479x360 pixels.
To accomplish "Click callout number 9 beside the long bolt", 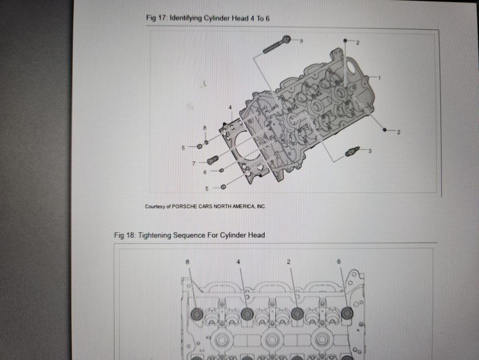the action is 301,41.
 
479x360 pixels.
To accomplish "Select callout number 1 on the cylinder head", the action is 379,78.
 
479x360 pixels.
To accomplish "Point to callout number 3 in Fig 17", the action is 370,151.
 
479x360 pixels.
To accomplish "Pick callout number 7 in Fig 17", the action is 194,164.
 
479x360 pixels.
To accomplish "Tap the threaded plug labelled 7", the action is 212,160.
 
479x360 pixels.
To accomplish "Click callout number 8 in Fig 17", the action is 205,127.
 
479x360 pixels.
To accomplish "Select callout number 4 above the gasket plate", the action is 230,107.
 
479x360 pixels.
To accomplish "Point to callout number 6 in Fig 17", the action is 205,172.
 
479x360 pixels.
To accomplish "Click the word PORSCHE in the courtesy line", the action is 185,207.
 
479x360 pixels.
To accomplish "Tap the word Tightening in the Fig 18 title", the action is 155,235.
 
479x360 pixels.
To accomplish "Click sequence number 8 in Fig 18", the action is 187,262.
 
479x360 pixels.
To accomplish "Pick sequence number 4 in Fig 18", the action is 238,262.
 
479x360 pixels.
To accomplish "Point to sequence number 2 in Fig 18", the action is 288,262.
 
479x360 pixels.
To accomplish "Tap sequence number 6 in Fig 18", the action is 338,261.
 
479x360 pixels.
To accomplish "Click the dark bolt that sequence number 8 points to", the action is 196,314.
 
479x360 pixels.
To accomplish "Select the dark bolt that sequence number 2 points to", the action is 297,314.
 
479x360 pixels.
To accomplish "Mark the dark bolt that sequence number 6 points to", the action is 347,313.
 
